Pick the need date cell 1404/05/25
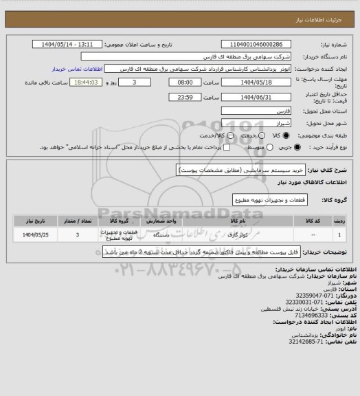click(x=32, y=235)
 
